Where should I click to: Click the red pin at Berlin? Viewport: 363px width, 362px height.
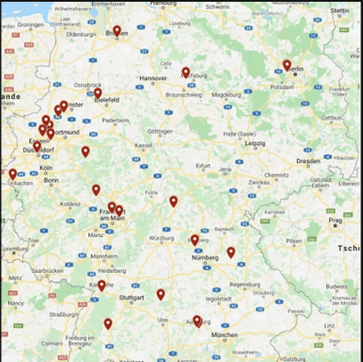point(287,65)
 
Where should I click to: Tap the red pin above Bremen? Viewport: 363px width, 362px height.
point(117,30)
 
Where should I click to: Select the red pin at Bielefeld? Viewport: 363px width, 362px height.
point(97,93)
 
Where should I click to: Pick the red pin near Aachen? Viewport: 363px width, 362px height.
point(13,174)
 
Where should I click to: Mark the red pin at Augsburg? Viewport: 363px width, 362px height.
point(197,321)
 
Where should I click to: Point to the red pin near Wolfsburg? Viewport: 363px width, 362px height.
point(186,72)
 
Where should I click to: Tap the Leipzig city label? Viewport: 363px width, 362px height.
point(255,143)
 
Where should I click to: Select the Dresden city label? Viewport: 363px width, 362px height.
point(309,161)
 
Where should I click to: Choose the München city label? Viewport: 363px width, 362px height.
point(224,335)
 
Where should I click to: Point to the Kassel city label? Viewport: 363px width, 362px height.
point(143,145)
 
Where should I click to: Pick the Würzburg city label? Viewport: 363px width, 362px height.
point(162,238)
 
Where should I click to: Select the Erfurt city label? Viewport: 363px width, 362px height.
point(203,165)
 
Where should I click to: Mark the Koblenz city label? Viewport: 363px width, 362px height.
point(70,204)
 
